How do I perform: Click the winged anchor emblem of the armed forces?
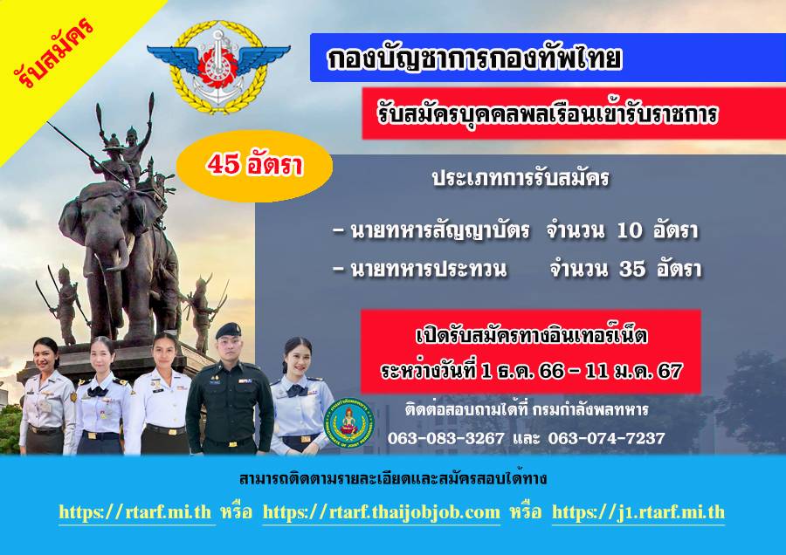[218, 66]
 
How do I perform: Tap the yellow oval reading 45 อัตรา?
[254, 165]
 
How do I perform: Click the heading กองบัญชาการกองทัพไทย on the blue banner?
[474, 58]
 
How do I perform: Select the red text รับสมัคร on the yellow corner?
[53, 51]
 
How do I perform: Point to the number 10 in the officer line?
[629, 230]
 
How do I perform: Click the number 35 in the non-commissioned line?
[632, 269]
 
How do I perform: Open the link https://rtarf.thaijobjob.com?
[382, 512]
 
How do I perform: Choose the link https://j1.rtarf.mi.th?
[638, 512]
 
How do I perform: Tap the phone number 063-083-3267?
[445, 438]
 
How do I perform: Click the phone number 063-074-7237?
[606, 438]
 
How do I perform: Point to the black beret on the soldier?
[228, 330]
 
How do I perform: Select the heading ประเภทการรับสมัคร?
[521, 178]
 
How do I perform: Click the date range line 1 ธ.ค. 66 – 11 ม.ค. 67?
[531, 371]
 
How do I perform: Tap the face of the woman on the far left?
[45, 354]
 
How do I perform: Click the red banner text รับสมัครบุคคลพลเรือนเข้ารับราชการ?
[548, 114]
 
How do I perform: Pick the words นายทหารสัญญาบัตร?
[439, 230]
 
